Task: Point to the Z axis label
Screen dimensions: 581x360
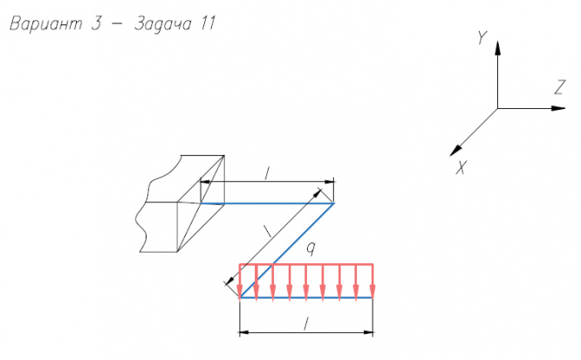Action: tap(559, 86)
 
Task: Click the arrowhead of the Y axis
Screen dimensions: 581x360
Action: tap(497, 49)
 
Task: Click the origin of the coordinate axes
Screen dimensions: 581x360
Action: tap(497, 108)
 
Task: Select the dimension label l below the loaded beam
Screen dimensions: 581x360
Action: tap(304, 323)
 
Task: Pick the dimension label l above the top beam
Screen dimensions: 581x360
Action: tap(267, 173)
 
